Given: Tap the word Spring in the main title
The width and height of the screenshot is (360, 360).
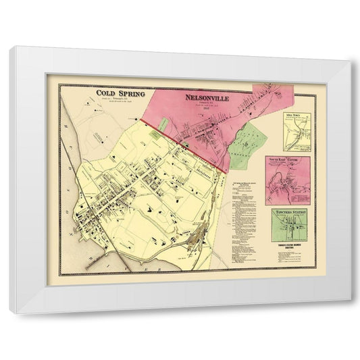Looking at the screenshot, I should (132, 96).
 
